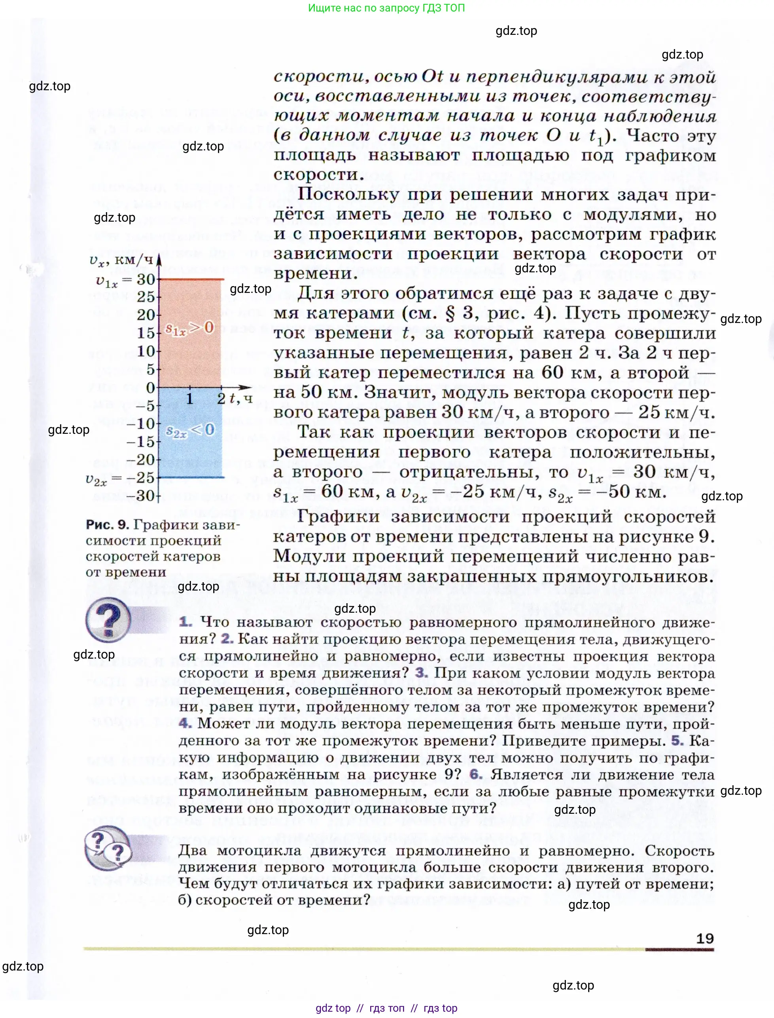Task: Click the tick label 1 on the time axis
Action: (189, 398)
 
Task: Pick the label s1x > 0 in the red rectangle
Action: (189, 328)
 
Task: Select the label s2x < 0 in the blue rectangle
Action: (190, 430)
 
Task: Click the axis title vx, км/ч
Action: (121, 260)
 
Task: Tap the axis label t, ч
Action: (241, 398)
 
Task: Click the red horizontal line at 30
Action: (191, 279)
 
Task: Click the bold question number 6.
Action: (475, 774)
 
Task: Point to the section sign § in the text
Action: (450, 313)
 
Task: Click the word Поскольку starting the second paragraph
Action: (348, 195)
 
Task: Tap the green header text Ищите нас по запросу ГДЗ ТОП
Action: (386, 8)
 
